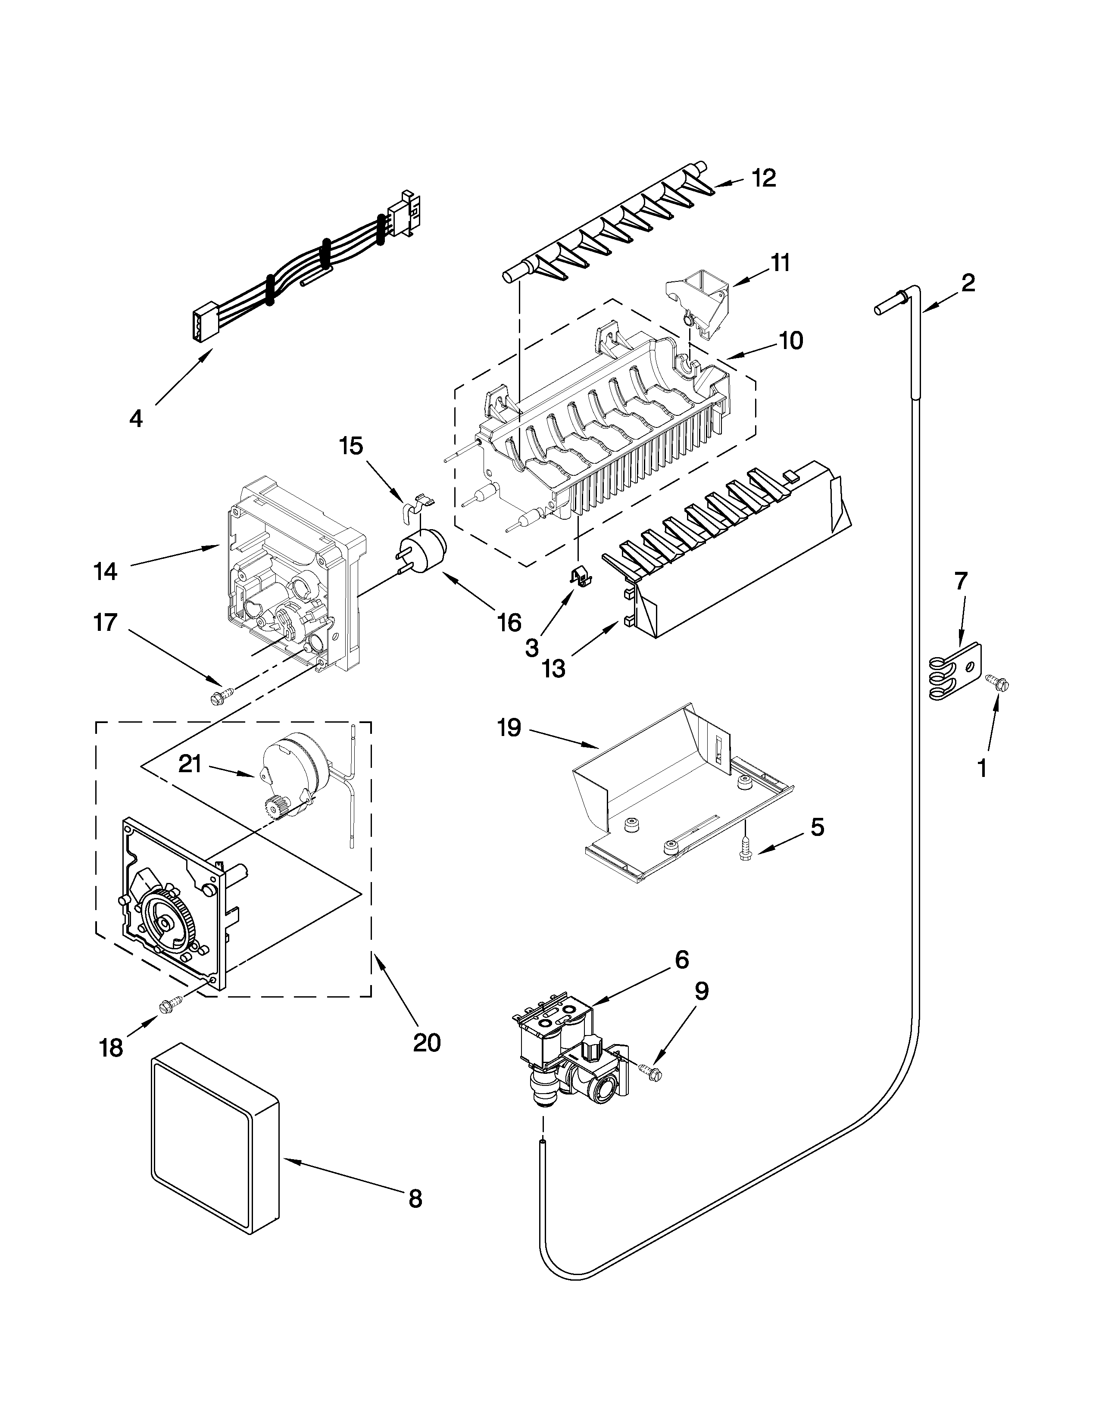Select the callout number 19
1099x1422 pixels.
tap(510, 728)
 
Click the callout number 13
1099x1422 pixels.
tap(554, 669)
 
